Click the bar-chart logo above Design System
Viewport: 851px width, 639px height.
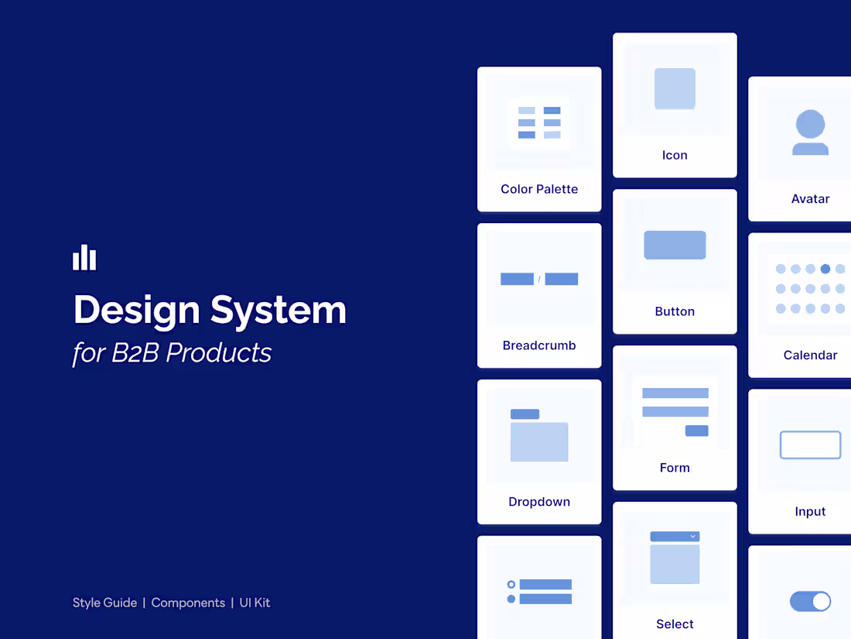[84, 258]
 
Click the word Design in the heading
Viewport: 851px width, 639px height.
[136, 310]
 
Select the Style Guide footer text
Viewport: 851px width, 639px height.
[104, 603]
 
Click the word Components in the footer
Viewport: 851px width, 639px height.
[188, 603]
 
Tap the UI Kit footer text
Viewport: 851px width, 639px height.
[255, 603]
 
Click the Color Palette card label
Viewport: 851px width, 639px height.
[539, 189]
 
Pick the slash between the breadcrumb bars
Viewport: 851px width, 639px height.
[539, 280]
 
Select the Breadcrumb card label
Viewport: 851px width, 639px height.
[539, 345]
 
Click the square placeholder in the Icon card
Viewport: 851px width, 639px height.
[675, 88]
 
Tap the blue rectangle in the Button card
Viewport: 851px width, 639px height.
[675, 245]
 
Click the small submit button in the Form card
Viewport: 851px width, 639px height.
[696, 431]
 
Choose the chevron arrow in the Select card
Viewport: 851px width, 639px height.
[692, 536]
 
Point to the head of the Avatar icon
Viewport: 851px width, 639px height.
[810, 124]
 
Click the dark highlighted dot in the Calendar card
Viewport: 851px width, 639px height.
[825, 269]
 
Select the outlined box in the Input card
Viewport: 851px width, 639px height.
[810, 445]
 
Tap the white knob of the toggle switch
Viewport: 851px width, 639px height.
[821, 602]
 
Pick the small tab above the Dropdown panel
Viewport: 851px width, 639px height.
[525, 414]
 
